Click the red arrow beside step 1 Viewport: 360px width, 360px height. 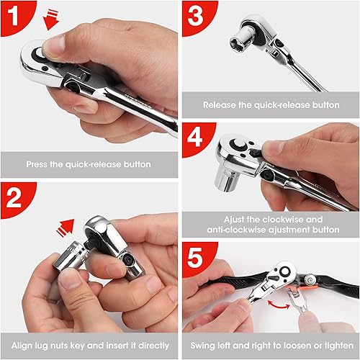50,19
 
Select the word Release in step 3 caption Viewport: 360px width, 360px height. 220,104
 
